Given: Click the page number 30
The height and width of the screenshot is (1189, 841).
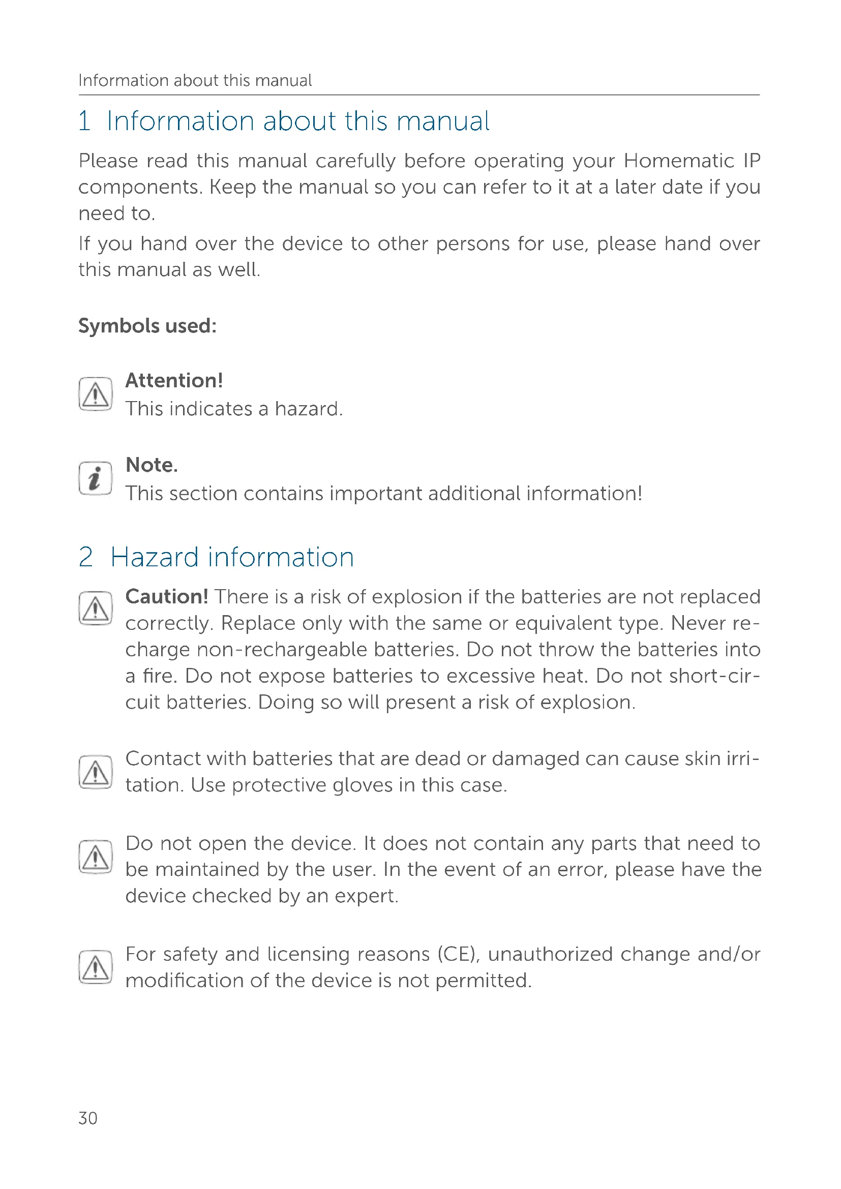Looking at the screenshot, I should tap(87, 1118).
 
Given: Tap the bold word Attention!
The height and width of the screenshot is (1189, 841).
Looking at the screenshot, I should tap(174, 381).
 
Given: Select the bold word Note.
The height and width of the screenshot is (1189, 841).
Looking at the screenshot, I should tap(151, 465).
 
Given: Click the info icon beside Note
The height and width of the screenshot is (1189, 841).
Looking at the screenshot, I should tap(95, 478).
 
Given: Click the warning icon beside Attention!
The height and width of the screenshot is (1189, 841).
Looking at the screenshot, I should tap(95, 394).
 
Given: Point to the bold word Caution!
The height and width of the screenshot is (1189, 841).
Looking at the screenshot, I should tap(167, 597).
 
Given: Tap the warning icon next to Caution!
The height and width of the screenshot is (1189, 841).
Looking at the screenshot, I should tap(95, 608).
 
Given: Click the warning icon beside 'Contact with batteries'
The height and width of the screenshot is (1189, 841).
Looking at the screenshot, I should tap(95, 772).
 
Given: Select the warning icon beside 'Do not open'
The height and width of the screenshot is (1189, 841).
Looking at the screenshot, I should tap(95, 857).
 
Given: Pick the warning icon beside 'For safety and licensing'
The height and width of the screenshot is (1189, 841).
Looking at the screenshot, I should tap(95, 967).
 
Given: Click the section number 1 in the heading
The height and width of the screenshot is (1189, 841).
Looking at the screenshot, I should tap(84, 121).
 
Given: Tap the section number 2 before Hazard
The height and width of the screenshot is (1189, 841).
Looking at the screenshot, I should tap(86, 558).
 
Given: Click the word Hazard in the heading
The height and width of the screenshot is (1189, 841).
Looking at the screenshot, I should tap(155, 558).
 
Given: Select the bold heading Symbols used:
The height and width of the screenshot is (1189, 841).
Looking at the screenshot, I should tap(147, 326).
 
